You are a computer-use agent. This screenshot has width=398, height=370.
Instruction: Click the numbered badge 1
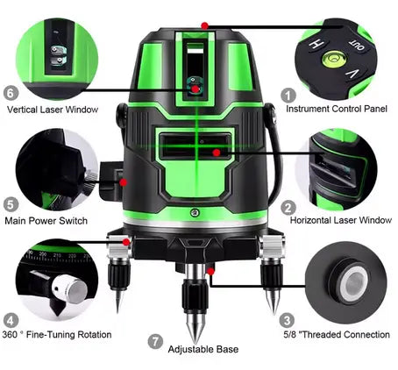286,93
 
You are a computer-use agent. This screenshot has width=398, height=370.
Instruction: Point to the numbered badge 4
11,319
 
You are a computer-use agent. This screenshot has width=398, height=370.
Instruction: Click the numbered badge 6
11,92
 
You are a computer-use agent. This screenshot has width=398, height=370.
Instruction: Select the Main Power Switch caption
46,221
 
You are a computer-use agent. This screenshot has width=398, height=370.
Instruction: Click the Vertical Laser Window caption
52,110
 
